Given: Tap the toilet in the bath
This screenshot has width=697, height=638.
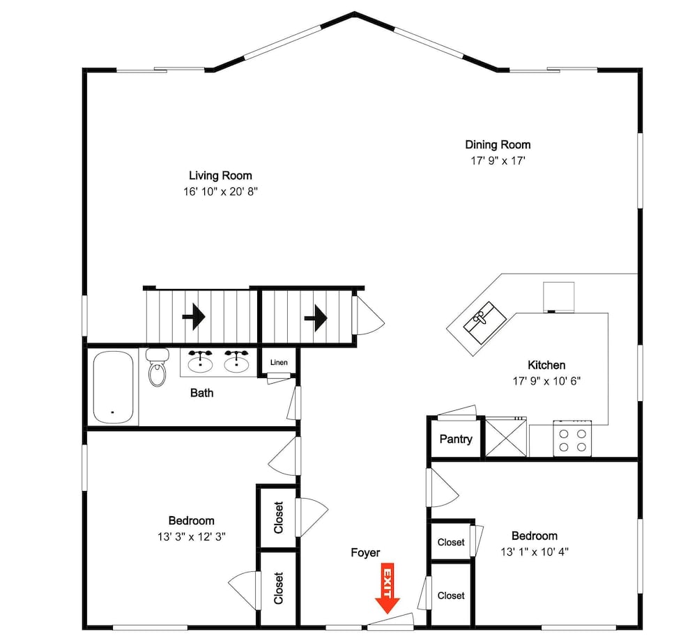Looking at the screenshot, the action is tap(157, 367).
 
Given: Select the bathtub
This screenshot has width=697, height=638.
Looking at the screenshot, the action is tap(113, 387).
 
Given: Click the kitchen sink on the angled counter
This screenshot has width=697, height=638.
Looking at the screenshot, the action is tap(484, 322).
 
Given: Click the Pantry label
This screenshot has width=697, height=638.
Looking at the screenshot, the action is tap(456, 439).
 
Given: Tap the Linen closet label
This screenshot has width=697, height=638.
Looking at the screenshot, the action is tap(279, 363).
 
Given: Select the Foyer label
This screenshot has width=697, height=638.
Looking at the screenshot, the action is tap(365, 553).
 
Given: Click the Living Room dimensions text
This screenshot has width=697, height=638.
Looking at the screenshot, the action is tap(220, 192).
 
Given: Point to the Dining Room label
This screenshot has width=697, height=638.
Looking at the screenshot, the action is tap(498, 144).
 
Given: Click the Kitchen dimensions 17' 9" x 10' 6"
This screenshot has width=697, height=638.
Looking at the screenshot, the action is tap(546, 381).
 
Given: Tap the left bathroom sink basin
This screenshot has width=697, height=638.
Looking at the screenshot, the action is tap(201, 362).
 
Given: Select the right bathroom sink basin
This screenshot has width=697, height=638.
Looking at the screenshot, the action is tap(236, 362).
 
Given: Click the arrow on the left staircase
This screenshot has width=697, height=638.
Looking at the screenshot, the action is tap(194, 317).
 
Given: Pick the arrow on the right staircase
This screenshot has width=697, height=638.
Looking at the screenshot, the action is tap(316, 318).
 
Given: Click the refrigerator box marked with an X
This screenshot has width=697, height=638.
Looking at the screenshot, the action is tap(506, 437).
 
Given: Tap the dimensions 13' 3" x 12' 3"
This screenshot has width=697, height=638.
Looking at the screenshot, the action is tap(192, 537).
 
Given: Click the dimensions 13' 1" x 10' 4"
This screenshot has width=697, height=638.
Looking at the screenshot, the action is tap(535, 552).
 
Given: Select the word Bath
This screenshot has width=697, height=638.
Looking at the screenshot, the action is tap(202, 393).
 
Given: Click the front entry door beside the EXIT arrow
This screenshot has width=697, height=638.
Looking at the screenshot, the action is tap(391, 623).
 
